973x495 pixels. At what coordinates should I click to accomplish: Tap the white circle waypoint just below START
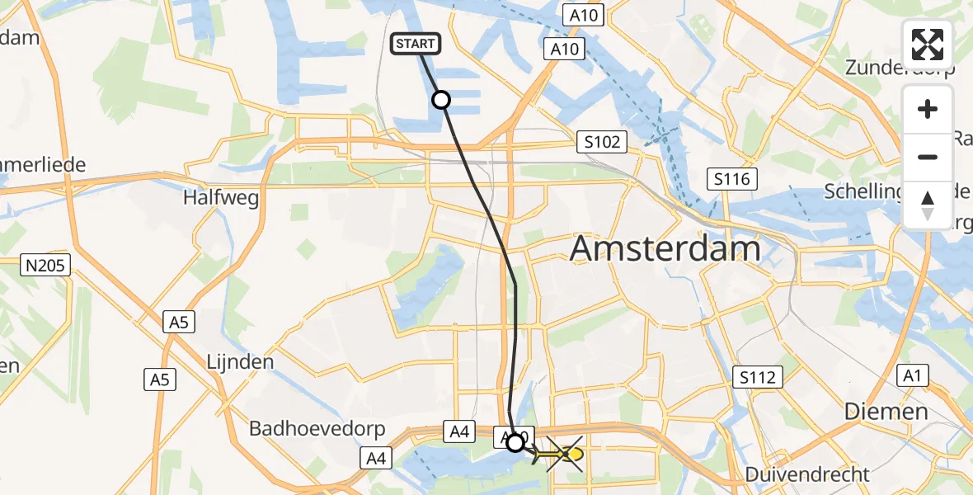tap(441, 100)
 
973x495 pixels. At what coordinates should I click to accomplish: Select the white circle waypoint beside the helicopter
tap(515, 443)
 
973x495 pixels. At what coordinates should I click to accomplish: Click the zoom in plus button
tap(928, 109)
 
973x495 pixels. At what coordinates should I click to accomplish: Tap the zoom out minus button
tap(928, 157)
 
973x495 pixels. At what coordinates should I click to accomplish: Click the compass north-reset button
tap(928, 205)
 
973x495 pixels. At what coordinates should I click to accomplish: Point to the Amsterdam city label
tap(665, 247)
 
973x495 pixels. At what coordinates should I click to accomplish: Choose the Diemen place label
tap(886, 411)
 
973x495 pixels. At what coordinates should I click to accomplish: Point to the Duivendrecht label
tap(807, 474)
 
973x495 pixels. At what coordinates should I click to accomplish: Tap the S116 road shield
tap(732, 177)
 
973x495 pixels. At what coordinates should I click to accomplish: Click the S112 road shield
tap(757, 378)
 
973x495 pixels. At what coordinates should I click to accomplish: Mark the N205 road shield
tap(46, 265)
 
